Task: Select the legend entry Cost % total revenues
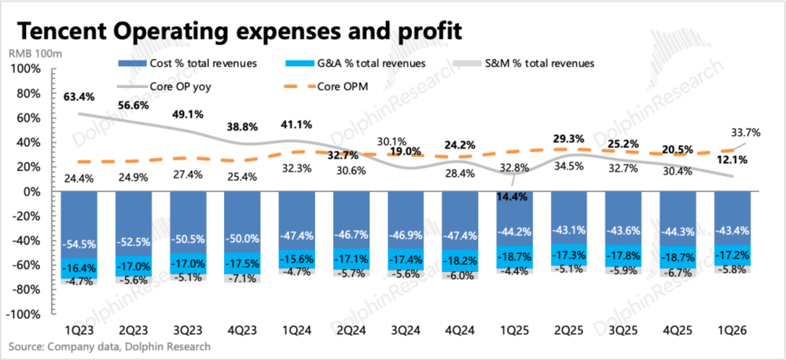pyautogui.click(x=188, y=64)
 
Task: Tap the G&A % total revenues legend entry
pyautogui.click(x=355, y=64)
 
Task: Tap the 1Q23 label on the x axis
pyautogui.click(x=78, y=332)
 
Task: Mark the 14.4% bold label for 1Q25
pyautogui.click(x=512, y=197)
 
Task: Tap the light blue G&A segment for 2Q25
pyautogui.click(x=568, y=255)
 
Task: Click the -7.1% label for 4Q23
pyautogui.click(x=243, y=278)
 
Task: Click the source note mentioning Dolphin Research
pyautogui.click(x=109, y=347)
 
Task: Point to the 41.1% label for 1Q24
pyautogui.click(x=297, y=124)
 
